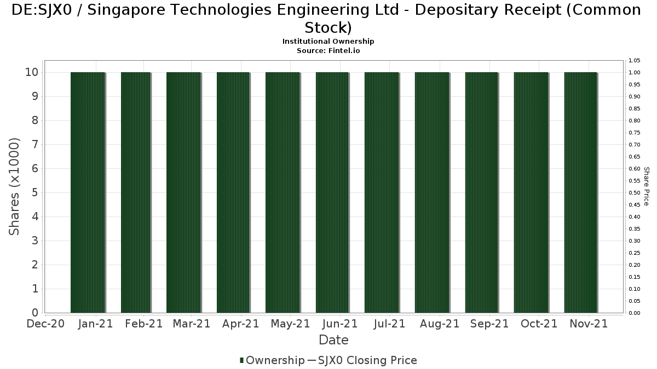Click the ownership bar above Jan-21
pyautogui.click(x=88, y=192)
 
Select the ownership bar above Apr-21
pyautogui.click(x=233, y=192)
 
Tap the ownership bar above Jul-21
pyautogui.click(x=382, y=192)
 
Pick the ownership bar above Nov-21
pyautogui.click(x=580, y=192)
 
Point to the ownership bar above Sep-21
pyautogui.click(x=481, y=192)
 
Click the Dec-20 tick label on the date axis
pyautogui.click(x=46, y=324)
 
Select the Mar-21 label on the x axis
pyautogui.click(x=191, y=324)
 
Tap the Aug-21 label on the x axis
pyautogui.click(x=440, y=324)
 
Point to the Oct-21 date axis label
pyautogui.click(x=539, y=324)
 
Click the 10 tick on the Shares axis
pyautogui.click(x=31, y=72)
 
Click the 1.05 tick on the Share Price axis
pyautogui.click(x=634, y=60)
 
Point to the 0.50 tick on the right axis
pyautogui.click(x=634, y=192)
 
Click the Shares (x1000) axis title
pyautogui.click(x=15, y=186)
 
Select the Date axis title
pyautogui.click(x=333, y=340)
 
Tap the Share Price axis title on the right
pyautogui.click(x=646, y=186)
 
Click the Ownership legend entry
pyautogui.click(x=272, y=360)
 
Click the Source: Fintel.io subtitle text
pyautogui.click(x=328, y=50)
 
